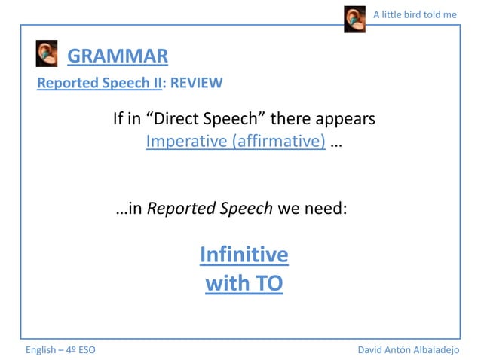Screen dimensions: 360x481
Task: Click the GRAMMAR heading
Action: (118, 56)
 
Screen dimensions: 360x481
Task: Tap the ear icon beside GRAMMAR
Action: (47, 54)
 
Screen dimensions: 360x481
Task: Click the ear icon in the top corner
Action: (354, 19)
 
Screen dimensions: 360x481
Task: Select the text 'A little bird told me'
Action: (415, 14)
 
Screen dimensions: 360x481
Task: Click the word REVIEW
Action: (197, 83)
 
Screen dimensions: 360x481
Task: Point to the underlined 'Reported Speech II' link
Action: (100, 83)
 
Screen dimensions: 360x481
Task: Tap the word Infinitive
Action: (244, 255)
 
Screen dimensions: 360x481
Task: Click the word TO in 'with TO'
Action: (268, 285)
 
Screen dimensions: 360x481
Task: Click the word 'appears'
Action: (345, 119)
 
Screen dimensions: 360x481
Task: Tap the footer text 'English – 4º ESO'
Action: (60, 350)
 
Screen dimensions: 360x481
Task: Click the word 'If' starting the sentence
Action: (118, 119)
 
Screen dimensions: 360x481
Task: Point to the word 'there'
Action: (290, 119)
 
